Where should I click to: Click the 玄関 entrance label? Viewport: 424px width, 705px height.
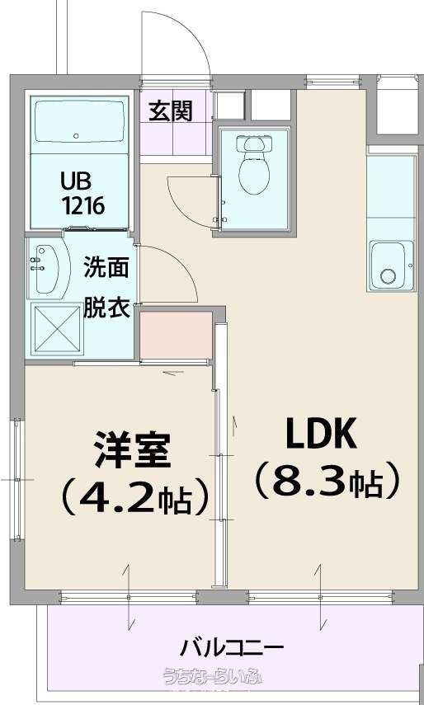pos(171,110)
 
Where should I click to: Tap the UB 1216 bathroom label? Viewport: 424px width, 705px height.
pos(83,195)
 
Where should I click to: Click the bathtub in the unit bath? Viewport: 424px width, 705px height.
pos(79,120)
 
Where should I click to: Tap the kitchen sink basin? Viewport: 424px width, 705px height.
pos(391,266)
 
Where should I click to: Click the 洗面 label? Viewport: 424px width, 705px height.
pos(106,268)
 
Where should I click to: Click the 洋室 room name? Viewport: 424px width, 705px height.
pos(132,450)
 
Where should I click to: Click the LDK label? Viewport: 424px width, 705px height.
pos(322,434)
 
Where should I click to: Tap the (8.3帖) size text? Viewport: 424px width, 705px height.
pos(327,481)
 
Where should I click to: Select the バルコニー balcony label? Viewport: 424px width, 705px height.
pos(232,648)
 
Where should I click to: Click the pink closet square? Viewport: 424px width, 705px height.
pos(176,335)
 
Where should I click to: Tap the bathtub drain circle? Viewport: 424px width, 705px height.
pos(77,135)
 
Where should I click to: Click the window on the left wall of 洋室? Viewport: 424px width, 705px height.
pos(17,480)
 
